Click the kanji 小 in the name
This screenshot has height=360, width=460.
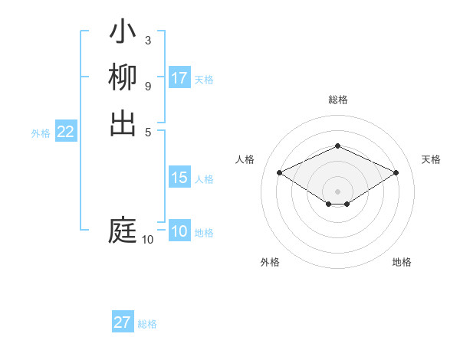[123, 33]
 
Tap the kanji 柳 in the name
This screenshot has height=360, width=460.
[123, 78]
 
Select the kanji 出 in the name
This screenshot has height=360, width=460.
[123, 123]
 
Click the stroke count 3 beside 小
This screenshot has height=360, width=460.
[147, 40]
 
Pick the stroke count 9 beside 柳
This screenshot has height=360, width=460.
[147, 85]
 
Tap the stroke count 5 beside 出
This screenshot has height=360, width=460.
[147, 130]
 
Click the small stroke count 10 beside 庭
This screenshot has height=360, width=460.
[147, 240]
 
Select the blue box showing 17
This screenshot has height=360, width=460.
[179, 78]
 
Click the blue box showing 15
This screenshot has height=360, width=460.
[179, 178]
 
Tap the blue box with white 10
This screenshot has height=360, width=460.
[179, 231]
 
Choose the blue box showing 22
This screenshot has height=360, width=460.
[66, 132]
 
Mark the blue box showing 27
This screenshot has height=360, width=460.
[123, 322]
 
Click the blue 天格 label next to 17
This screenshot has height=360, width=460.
[204, 80]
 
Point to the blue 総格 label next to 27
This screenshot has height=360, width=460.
[147, 324]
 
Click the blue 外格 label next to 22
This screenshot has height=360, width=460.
[41, 133]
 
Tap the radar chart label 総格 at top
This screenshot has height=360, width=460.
[337, 100]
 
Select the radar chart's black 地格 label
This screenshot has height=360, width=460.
[402, 262]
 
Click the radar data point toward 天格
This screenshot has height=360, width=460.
[396, 173]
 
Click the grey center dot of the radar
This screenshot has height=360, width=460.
[337, 191]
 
